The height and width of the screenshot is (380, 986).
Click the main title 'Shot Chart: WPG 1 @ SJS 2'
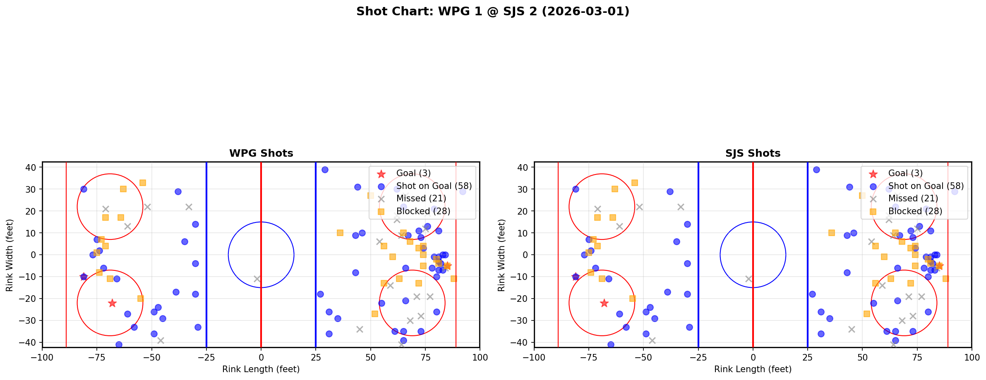pyautogui.click(x=492, y=12)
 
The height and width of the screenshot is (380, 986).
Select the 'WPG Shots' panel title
pyautogui.click(x=261, y=153)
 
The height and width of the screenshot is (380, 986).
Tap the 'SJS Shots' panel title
pyautogui.click(x=753, y=153)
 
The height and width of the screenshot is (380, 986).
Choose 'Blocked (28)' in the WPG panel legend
pyautogui.click(x=423, y=211)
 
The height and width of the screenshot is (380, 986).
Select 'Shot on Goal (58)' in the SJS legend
pyautogui.click(x=926, y=186)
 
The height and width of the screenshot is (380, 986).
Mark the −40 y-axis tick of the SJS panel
pyautogui.click(x=523, y=342)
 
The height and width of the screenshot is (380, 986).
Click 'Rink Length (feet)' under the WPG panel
pyautogui.click(x=261, y=369)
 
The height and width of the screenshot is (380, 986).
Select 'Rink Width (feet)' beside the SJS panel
pyautogui.click(x=501, y=255)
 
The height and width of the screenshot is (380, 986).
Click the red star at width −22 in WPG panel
pyautogui.click(x=112, y=303)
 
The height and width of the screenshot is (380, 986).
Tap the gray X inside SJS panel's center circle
pyautogui.click(x=748, y=279)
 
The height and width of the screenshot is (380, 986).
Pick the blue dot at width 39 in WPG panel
pyautogui.click(x=325, y=170)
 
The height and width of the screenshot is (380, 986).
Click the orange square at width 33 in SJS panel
pyautogui.click(x=634, y=183)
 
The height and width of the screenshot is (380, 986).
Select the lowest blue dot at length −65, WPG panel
pyautogui.click(x=119, y=344)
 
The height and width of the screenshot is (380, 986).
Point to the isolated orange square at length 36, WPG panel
pyautogui.click(x=340, y=233)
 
